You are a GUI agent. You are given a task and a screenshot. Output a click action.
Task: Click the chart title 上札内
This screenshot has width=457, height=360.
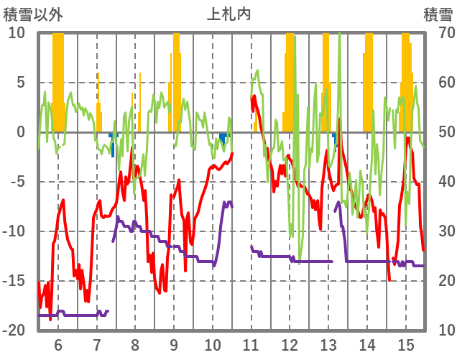pyautogui.click(x=228, y=14)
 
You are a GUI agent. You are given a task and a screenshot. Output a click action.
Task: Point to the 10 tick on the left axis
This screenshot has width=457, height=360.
pyautogui.click(x=17, y=33)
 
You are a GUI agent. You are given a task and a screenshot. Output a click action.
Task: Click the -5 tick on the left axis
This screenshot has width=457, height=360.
pyautogui.click(x=17, y=182)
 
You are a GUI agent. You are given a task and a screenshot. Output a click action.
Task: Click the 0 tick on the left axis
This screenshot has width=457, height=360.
pyautogui.click(x=21, y=132)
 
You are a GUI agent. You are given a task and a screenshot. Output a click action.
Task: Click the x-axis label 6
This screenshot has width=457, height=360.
pyautogui.click(x=57, y=343)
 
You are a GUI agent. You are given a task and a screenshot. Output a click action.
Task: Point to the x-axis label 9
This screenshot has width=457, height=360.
pyautogui.click(x=174, y=343)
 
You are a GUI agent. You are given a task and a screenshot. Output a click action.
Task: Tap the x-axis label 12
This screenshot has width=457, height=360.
pyautogui.click(x=290, y=343)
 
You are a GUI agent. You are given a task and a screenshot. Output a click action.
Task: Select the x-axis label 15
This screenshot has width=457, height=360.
pyautogui.click(x=406, y=343)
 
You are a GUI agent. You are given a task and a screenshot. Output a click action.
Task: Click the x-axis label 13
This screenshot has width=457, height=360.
pyautogui.click(x=328, y=343)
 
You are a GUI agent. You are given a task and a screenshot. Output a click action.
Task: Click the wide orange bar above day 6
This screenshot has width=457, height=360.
pyautogui.click(x=58, y=79)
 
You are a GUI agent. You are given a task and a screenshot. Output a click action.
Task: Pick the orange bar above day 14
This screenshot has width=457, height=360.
pyautogui.click(x=368, y=79)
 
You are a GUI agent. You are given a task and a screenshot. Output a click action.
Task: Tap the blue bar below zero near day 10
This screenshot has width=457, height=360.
pyautogui.click(x=223, y=137)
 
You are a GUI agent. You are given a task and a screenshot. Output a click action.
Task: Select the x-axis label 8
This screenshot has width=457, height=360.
pyautogui.click(x=135, y=343)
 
